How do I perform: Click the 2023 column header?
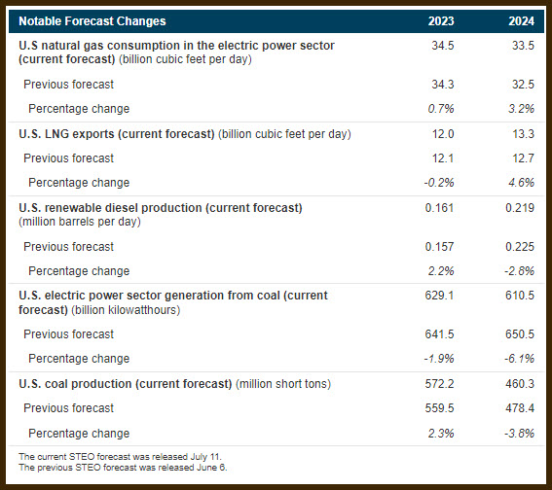click(x=441, y=21)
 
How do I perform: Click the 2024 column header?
click(x=521, y=21)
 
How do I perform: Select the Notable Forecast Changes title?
click(x=92, y=21)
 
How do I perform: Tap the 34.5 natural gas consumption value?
click(x=443, y=46)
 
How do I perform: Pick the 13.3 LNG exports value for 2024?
click(x=523, y=134)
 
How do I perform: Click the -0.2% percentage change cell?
click(x=439, y=183)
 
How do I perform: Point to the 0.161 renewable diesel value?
click(x=439, y=208)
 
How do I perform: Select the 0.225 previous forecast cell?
click(x=520, y=247)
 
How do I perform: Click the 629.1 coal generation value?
click(x=439, y=296)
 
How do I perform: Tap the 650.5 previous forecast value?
click(x=520, y=333)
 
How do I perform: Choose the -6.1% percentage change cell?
click(x=519, y=359)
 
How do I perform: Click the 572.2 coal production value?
click(x=439, y=383)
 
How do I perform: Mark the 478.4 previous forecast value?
click(x=520, y=408)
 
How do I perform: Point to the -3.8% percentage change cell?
click(x=519, y=434)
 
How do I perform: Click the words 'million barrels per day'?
click(x=80, y=222)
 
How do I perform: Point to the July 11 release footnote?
click(x=120, y=457)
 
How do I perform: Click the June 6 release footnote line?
click(x=123, y=468)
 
